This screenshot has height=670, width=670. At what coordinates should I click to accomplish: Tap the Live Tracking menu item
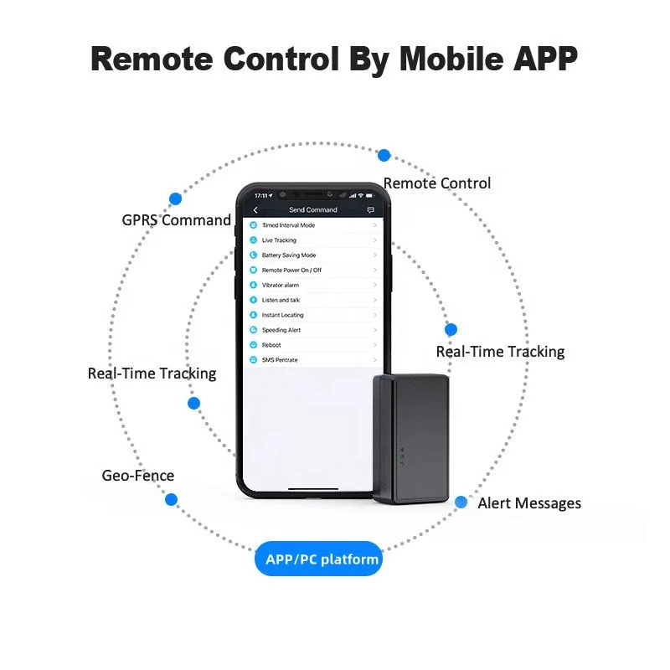pyautogui.click(x=279, y=240)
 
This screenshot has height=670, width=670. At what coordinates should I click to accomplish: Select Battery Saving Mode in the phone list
pyautogui.click(x=289, y=255)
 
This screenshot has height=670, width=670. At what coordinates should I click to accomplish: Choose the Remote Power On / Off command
pyautogui.click(x=291, y=270)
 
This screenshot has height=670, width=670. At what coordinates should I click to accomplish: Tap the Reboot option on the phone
pyautogui.click(x=271, y=345)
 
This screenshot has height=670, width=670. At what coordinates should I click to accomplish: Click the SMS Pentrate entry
pyautogui.click(x=280, y=360)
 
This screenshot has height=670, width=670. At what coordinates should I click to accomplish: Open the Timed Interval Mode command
pyautogui.click(x=288, y=225)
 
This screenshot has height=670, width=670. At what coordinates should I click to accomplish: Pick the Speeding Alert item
pyautogui.click(x=281, y=330)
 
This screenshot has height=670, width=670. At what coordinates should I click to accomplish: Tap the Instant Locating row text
pyautogui.click(x=282, y=315)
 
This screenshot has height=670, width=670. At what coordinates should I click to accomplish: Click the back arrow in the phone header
pyautogui.click(x=255, y=210)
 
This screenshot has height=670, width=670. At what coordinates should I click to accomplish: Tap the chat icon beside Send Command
pyautogui.click(x=370, y=210)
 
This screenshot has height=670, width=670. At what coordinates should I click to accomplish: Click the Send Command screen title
pyautogui.click(x=312, y=210)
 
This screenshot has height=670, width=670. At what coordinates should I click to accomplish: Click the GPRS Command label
pyautogui.click(x=176, y=220)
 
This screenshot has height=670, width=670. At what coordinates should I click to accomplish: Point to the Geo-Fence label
pyautogui.click(x=138, y=476)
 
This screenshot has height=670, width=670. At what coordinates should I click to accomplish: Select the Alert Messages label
pyautogui.click(x=529, y=503)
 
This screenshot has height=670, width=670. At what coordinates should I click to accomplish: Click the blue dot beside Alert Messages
pyautogui.click(x=461, y=502)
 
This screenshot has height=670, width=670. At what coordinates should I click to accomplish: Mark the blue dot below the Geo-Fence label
pyautogui.click(x=172, y=499)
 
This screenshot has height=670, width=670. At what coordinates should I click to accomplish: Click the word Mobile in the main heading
pyautogui.click(x=452, y=59)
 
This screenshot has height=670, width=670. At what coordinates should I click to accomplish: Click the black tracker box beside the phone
pyautogui.click(x=410, y=439)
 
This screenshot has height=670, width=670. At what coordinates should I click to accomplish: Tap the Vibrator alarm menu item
pyautogui.click(x=281, y=285)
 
